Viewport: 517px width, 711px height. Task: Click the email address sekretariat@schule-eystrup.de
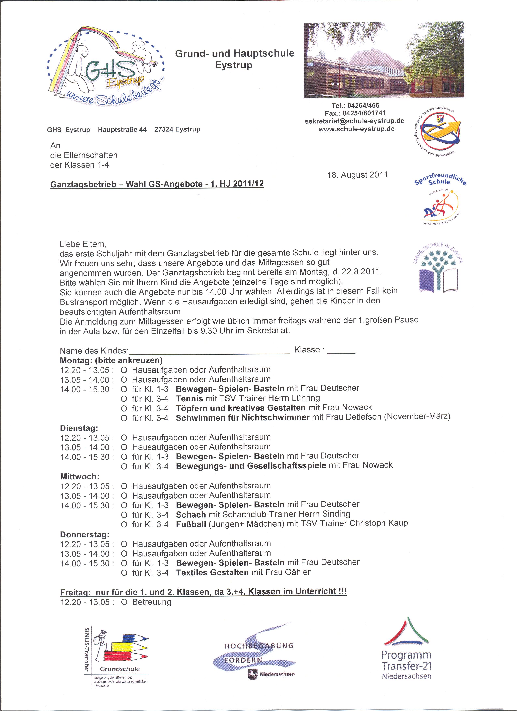click(354, 121)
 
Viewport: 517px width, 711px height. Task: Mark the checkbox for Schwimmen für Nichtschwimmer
click(124, 418)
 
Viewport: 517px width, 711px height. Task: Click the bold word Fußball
click(191, 524)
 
